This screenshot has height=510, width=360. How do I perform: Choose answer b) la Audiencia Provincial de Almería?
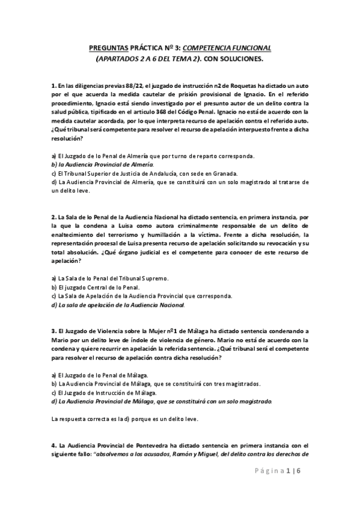[102, 164]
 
